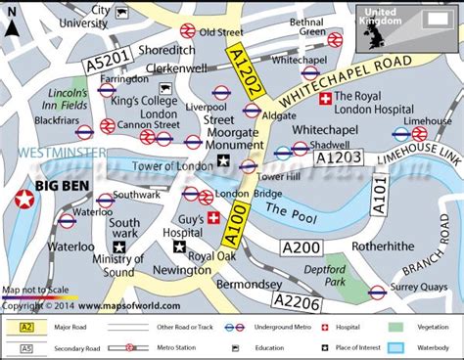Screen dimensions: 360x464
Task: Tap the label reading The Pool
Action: point(288,211)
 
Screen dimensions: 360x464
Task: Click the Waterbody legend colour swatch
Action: point(396,347)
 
